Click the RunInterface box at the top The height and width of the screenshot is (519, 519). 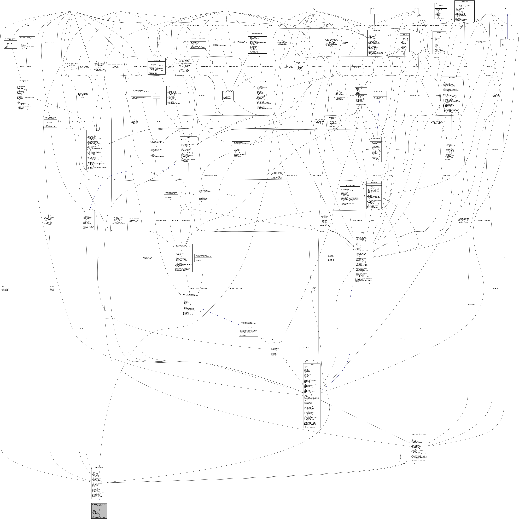pos(374,9)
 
